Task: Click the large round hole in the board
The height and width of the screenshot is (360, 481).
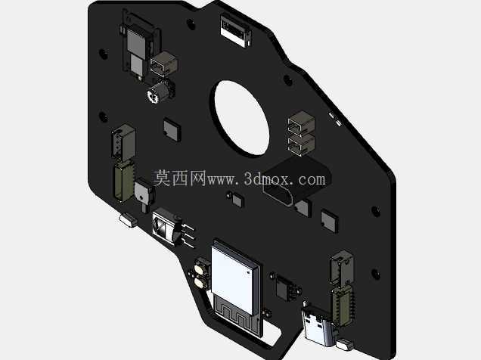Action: (242, 117)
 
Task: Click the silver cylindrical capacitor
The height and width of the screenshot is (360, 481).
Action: (158, 91)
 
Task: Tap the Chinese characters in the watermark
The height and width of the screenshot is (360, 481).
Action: (180, 178)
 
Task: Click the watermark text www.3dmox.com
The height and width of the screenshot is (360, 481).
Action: (266, 179)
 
